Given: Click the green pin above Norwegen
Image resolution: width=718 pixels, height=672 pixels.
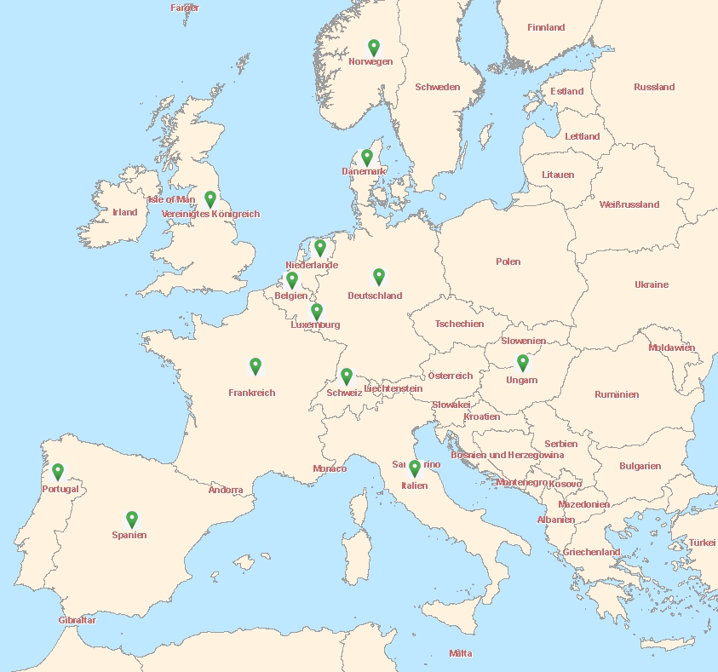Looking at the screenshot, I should click(373, 47).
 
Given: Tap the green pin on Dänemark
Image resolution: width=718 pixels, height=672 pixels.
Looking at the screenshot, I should click(367, 157).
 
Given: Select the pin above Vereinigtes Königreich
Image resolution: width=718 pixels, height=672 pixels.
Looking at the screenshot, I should click(210, 198).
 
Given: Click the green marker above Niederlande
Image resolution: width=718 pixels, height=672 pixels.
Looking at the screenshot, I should click(320, 247).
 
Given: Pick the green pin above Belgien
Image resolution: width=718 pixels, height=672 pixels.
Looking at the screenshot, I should click(292, 279).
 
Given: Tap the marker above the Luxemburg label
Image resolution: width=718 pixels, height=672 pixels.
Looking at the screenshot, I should click(317, 311).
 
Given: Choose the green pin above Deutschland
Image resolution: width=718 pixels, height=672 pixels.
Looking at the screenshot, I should click(379, 276).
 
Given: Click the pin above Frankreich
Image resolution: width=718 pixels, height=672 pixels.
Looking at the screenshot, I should click(256, 365).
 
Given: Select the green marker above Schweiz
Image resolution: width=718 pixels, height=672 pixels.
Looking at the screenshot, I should click(347, 376).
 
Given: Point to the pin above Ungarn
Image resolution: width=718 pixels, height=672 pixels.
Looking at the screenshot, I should click(523, 362).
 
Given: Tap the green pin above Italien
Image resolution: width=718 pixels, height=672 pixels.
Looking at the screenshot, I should click(415, 468).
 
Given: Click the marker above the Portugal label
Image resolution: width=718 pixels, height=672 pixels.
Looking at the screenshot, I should click(58, 470).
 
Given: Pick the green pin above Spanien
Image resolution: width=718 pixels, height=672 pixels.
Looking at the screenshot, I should click(132, 518).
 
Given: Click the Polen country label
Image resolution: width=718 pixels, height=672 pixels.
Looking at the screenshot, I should click(508, 261).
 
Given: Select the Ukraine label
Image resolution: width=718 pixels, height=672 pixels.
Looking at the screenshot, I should click(652, 284).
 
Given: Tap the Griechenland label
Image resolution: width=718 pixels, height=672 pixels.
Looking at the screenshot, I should click(591, 552).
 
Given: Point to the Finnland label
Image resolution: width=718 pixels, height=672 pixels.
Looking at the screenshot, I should click(546, 27).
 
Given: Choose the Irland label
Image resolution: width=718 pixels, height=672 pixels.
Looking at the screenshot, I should click(125, 212).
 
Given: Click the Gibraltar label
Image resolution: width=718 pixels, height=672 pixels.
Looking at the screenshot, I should click(78, 620).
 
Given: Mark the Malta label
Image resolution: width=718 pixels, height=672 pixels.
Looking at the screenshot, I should click(461, 653).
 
